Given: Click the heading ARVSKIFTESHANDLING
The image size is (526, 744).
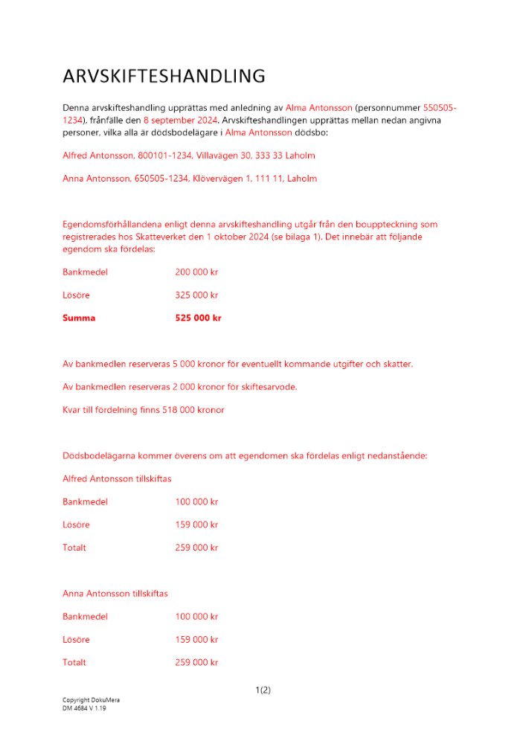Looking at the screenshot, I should pyautogui.click(x=164, y=77).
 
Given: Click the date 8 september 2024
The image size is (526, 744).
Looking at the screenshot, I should pyautogui.click(x=181, y=120).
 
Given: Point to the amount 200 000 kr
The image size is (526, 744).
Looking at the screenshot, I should pyautogui.click(x=196, y=272).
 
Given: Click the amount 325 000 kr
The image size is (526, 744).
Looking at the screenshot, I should pyautogui.click(x=196, y=295).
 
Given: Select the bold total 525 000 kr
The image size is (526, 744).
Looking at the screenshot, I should pyautogui.click(x=198, y=318).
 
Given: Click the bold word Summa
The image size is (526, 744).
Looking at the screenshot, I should pyautogui.click(x=79, y=318).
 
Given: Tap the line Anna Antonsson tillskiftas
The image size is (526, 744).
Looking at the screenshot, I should pyautogui.click(x=115, y=593).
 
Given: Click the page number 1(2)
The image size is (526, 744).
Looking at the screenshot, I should pyautogui.click(x=263, y=690).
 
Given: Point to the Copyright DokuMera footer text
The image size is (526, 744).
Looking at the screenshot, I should pyautogui.click(x=91, y=700).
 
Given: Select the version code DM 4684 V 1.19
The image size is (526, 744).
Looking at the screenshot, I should pyautogui.click(x=84, y=708).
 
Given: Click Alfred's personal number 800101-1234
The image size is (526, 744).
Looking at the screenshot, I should pyautogui.click(x=162, y=155).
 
